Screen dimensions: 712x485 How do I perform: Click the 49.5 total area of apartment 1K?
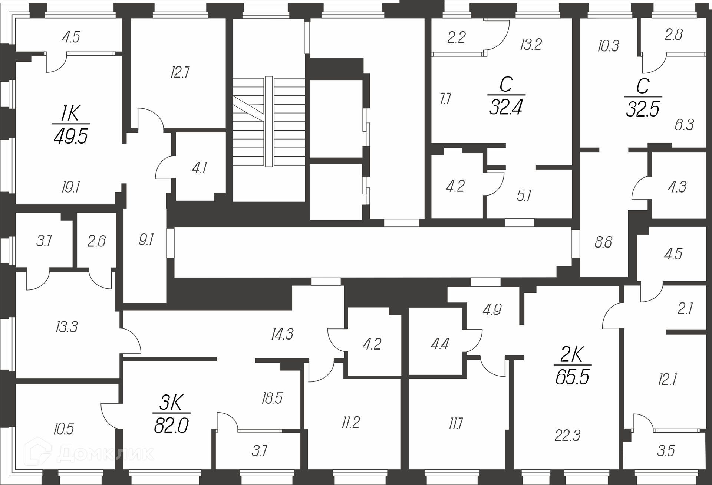71,137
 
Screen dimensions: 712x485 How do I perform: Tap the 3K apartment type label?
171,403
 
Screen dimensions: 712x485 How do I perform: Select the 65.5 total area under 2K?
572,377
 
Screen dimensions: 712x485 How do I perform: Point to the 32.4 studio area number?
506,108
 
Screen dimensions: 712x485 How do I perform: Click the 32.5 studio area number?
643,109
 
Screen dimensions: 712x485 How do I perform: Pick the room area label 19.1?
71,187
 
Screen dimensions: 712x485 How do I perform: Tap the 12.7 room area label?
180,72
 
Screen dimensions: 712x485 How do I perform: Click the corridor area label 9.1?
146,240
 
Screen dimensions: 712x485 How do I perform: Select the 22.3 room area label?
567,436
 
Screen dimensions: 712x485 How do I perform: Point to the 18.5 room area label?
272,398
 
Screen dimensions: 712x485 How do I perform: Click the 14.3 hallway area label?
282,334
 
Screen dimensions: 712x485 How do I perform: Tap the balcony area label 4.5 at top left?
71,37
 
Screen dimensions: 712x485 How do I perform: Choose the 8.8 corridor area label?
603,242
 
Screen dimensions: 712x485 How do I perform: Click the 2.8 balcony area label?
674,35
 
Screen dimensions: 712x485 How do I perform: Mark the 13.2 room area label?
531,45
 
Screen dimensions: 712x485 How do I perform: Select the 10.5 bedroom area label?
63,429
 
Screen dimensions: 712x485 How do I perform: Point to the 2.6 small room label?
96,241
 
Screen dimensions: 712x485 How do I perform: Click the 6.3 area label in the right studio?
684,125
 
